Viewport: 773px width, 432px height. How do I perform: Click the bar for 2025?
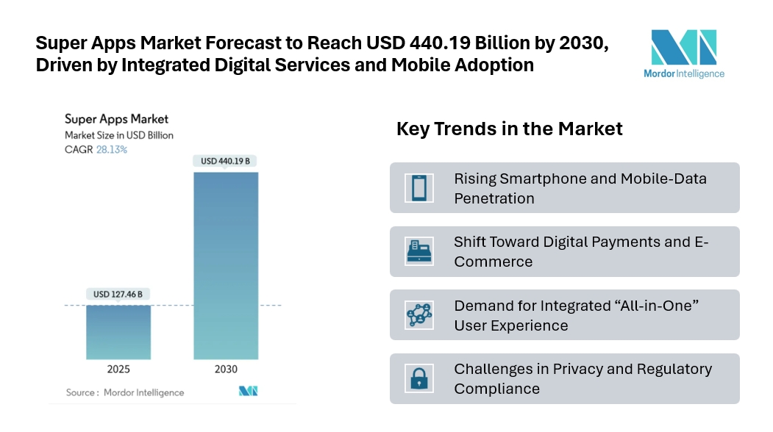pyautogui.click(x=118, y=332)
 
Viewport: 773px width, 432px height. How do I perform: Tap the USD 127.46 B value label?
pyautogui.click(x=118, y=295)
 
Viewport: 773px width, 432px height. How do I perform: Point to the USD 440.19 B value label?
pyautogui.click(x=225, y=161)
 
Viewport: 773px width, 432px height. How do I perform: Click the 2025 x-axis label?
pyautogui.click(x=118, y=370)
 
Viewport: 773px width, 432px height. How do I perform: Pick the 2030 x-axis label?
pyautogui.click(x=226, y=370)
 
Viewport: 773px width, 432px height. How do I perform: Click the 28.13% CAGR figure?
pyautogui.click(x=112, y=150)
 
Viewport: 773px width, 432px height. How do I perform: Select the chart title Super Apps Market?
pyautogui.click(x=116, y=119)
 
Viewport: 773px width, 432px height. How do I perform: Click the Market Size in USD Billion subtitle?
pyautogui.click(x=119, y=135)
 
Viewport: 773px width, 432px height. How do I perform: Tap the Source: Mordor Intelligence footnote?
pyautogui.click(x=125, y=392)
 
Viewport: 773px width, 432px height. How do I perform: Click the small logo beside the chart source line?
pyautogui.click(x=248, y=392)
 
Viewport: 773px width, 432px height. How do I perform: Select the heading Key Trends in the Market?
pyautogui.click(x=509, y=129)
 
